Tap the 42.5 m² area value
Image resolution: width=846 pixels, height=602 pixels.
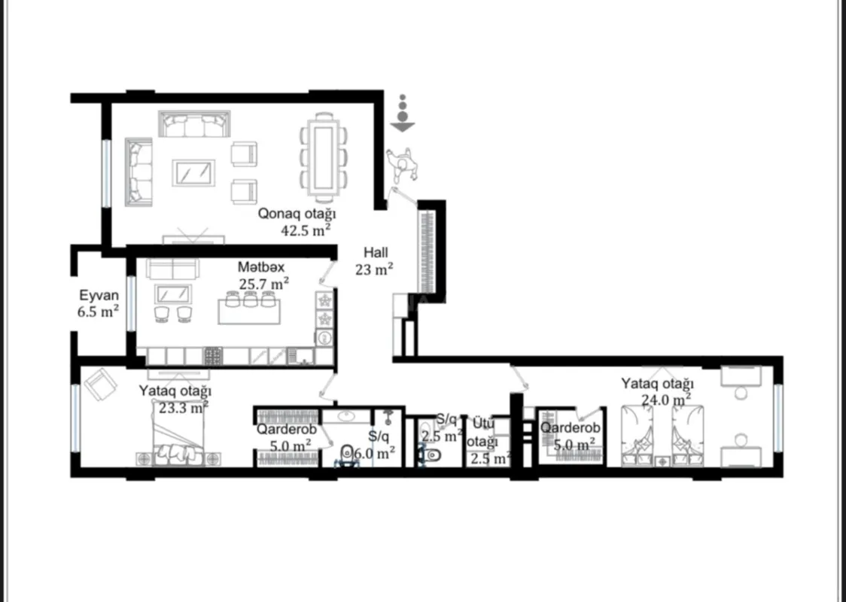click(306, 230)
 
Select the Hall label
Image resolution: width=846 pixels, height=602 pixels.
click(376, 253)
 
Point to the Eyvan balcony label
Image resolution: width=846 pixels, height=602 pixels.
click(98, 295)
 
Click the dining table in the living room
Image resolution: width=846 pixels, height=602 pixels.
click(324, 157)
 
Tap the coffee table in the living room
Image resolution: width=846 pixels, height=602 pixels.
click(193, 172)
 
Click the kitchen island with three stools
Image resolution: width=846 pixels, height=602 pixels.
click(248, 309)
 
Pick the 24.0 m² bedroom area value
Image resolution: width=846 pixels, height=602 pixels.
click(666, 400)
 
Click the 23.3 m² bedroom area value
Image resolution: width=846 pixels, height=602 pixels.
click(184, 408)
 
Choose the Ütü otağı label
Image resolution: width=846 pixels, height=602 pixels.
click(482, 433)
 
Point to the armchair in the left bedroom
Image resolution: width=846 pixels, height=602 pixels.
click(100, 385)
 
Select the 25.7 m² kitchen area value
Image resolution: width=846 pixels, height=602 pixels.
click(264, 284)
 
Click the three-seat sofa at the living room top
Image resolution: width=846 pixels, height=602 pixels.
click(194, 124)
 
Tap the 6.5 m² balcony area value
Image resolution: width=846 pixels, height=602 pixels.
click(98, 311)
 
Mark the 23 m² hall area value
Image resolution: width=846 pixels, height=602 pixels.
click(374, 269)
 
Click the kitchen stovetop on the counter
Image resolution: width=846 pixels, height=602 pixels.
click(213, 355)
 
